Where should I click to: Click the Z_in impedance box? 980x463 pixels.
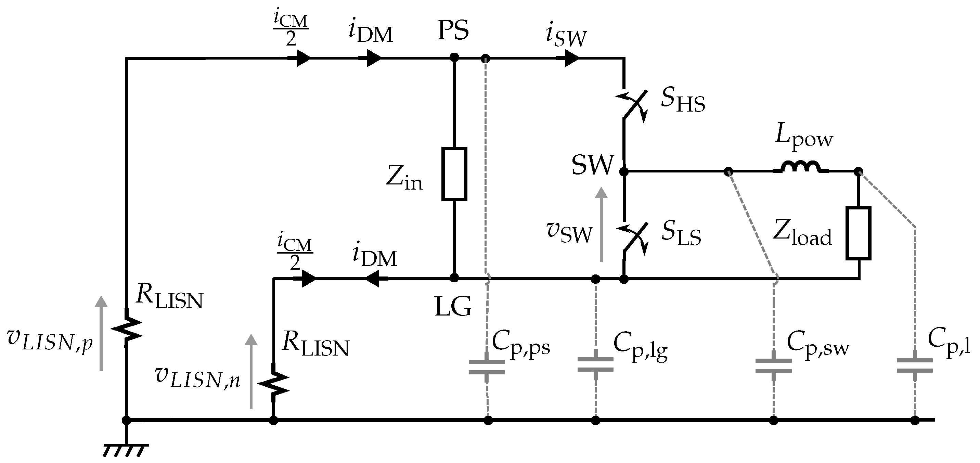click(454, 174)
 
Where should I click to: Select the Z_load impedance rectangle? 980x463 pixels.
click(858, 233)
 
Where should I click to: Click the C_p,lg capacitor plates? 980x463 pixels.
click(595, 364)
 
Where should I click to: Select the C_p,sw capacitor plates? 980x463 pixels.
click(773, 365)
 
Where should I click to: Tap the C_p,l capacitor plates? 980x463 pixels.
click(915, 365)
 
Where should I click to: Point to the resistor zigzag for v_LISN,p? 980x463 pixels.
click(127, 328)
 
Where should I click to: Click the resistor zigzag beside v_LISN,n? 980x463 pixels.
click(273, 382)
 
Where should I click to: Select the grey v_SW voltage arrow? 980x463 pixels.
click(602, 224)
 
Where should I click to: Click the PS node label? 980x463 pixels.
click(453, 30)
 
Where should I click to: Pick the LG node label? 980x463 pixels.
click(453, 306)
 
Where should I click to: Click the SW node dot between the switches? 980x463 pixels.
click(623, 171)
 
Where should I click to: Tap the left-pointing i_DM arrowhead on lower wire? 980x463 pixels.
click(374, 279)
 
